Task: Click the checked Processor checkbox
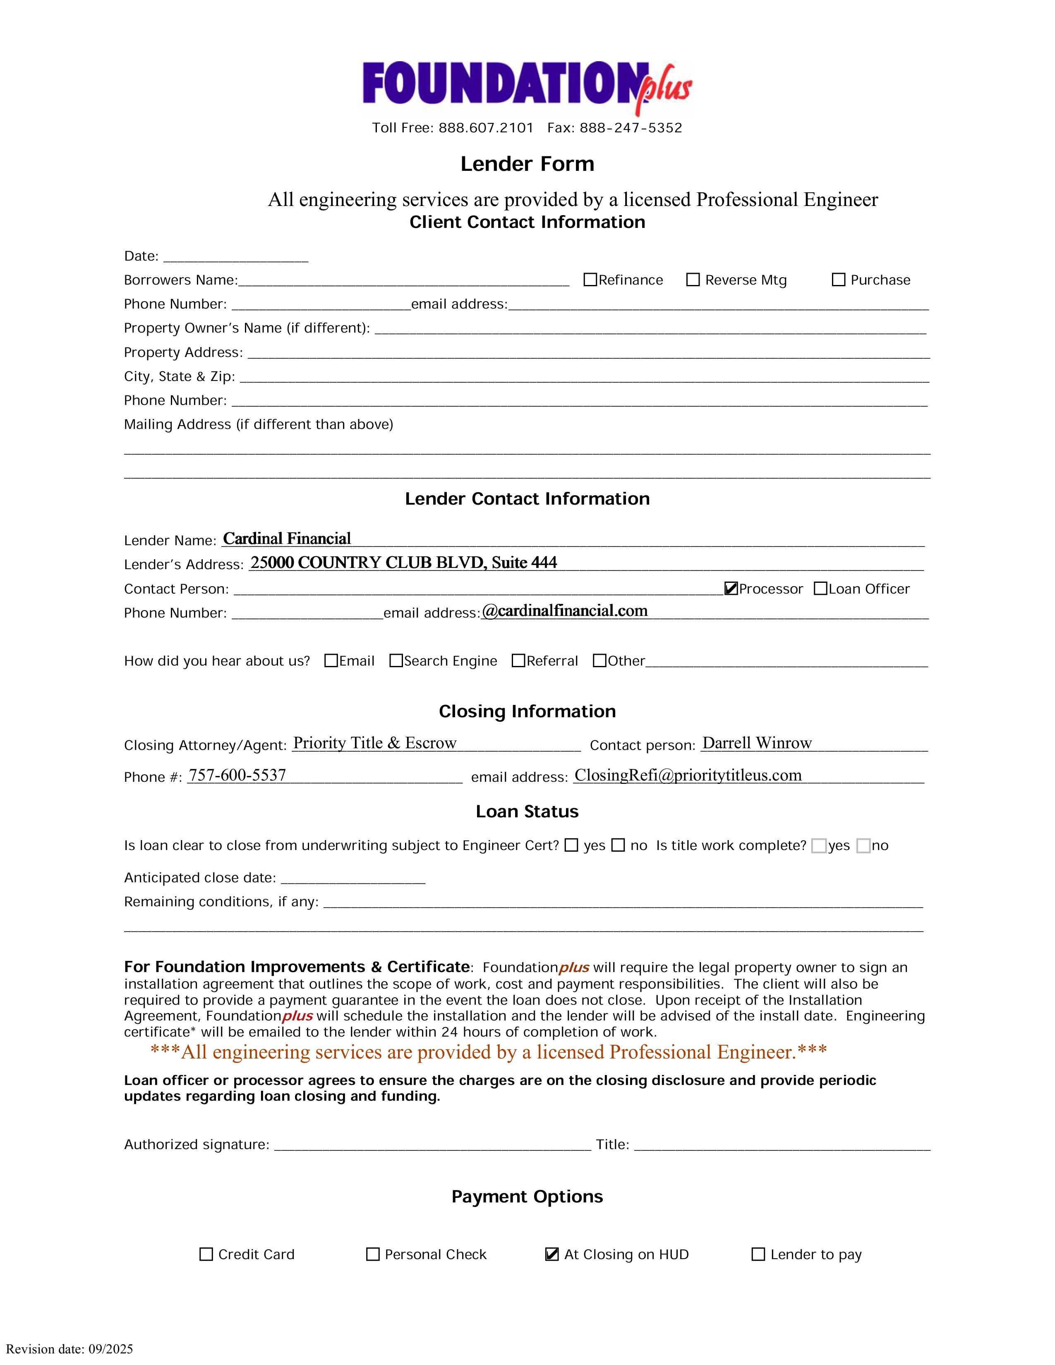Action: (731, 588)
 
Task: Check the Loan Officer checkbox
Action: (821, 588)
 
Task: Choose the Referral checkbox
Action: (518, 661)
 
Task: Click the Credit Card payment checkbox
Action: (206, 1255)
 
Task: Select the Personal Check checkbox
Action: (372, 1255)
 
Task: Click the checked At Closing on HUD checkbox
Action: (552, 1255)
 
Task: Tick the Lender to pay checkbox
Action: (758, 1255)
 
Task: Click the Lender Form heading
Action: (527, 164)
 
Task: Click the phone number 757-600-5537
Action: (237, 775)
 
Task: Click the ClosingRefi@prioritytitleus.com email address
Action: (688, 775)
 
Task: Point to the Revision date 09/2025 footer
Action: (70, 1349)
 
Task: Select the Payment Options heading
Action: (527, 1196)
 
